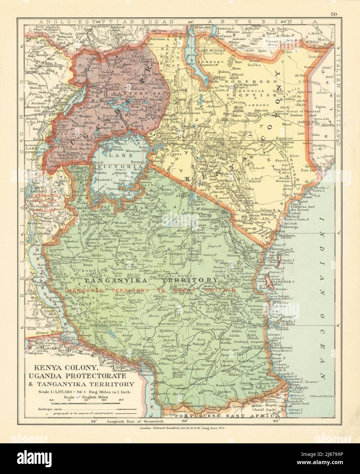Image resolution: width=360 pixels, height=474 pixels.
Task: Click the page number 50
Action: (333, 4)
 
